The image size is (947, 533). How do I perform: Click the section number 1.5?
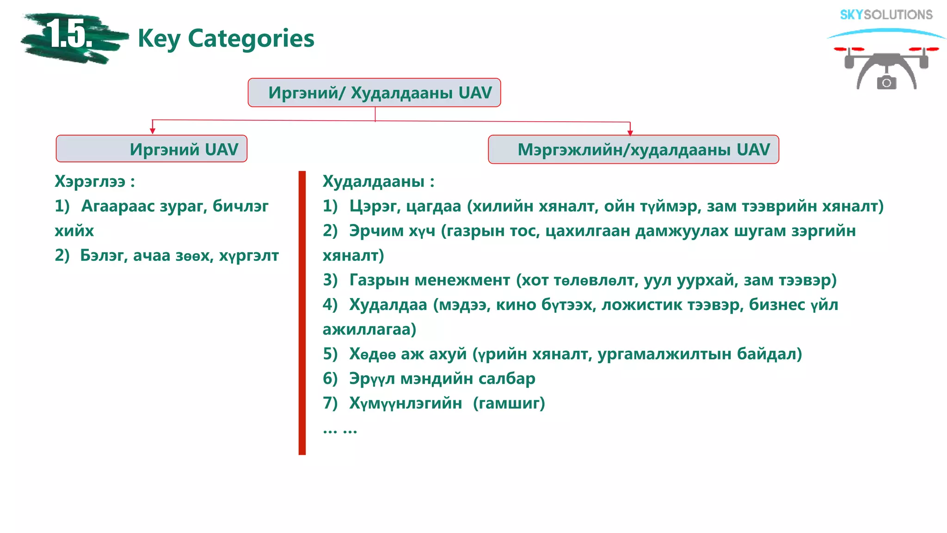[x=69, y=35]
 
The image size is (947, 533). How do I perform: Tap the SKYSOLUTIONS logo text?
[x=886, y=15]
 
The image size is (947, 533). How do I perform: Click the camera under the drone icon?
[x=886, y=82]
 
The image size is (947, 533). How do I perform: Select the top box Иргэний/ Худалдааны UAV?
[x=374, y=93]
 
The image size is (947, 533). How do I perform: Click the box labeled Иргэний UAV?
[x=152, y=149]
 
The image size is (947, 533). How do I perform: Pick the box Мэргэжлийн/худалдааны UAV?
[x=633, y=149]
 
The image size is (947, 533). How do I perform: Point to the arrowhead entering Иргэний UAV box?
[x=153, y=131]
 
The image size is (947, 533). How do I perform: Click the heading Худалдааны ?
[x=378, y=181]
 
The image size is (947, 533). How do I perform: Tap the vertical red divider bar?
[x=302, y=312]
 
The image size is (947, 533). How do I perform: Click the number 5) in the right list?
[x=330, y=354]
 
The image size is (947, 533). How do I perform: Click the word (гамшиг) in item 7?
[x=509, y=403]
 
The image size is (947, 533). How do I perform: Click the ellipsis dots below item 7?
[x=340, y=431]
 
